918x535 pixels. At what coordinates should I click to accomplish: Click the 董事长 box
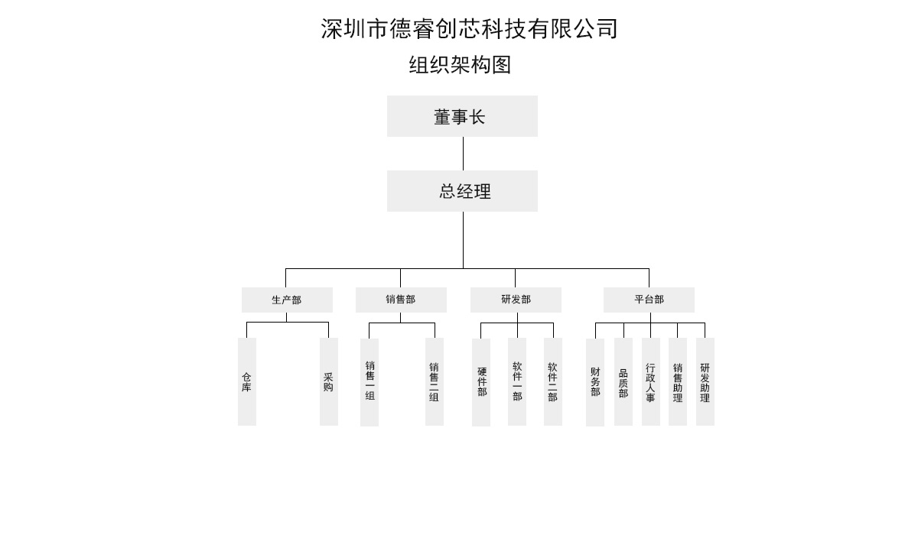pos(462,116)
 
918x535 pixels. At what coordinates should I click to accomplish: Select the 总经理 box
pos(462,191)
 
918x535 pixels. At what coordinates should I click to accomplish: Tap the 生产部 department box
pos(287,300)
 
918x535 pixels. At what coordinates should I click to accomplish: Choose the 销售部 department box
pos(401,300)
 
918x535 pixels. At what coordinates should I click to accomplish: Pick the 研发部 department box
pos(516,300)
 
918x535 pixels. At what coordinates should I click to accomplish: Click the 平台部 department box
pos(649,300)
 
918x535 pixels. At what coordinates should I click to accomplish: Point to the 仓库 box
pos(246,381)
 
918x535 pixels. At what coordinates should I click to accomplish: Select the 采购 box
pos(328,381)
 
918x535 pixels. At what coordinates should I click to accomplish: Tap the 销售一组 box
pos(369,381)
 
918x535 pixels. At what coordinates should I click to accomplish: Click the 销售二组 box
pos(434,381)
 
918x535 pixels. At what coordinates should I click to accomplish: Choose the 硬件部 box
pos(481,381)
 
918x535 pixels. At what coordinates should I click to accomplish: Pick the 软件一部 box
pos(517,381)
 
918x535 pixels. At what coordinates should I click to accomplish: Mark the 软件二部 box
pos(552,381)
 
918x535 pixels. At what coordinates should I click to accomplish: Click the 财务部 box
pos(595,381)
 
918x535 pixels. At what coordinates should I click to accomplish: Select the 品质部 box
pos(623,381)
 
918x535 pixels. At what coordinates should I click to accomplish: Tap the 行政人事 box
pos(650,381)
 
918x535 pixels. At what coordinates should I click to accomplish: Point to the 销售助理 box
pos(678,381)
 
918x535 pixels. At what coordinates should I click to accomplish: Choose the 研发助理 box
pos(705,381)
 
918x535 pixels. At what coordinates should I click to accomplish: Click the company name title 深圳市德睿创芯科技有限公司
pos(469,29)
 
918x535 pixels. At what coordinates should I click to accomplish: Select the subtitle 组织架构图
pos(460,65)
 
